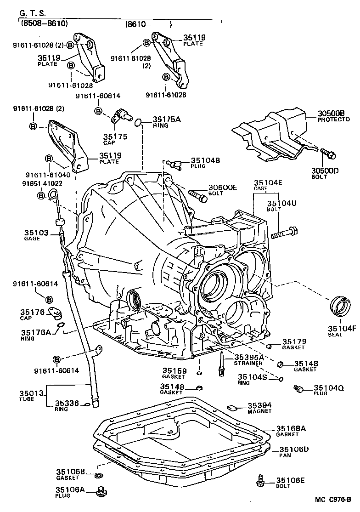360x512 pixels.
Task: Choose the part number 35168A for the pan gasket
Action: pos(291,428)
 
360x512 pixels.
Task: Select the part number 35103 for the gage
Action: pos(36,233)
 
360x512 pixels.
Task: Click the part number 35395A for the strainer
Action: pos(249,357)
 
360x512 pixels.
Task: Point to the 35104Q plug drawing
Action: pos(298,389)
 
